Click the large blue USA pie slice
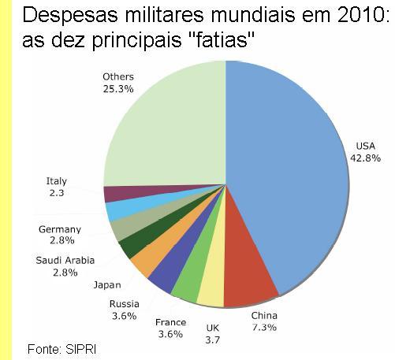pos(292,173)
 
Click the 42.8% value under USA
pos(365,158)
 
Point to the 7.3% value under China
pos(264,326)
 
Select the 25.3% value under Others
pos(118,89)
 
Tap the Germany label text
pos(59,230)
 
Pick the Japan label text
pos(106,284)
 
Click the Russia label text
pos(125,304)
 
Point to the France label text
pos(170,322)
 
